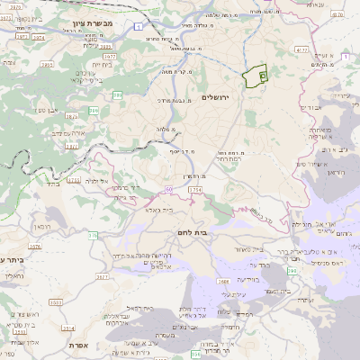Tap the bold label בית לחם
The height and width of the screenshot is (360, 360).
[x=188, y=232]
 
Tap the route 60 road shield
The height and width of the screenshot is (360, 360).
[x=167, y=189]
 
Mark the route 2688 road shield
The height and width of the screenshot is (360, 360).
[x=221, y=281]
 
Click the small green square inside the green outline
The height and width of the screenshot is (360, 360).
[x=262, y=77]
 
